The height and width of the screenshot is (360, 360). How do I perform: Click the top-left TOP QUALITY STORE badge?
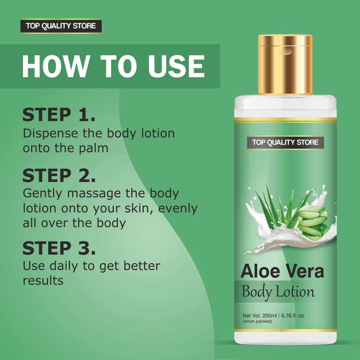(61, 26)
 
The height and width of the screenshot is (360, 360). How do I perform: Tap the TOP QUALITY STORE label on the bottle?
(286, 143)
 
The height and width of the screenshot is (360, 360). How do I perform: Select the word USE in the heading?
(176, 66)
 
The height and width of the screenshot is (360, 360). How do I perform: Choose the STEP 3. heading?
(59, 248)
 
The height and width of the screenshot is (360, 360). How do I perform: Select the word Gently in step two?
(42, 194)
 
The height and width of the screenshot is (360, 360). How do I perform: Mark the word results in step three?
(43, 281)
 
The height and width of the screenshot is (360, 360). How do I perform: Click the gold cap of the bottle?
(285, 64)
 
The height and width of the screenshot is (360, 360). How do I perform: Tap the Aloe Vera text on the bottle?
(282, 271)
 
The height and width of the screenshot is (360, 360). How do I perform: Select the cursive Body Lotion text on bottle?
(278, 292)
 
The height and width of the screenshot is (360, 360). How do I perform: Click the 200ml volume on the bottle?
(269, 316)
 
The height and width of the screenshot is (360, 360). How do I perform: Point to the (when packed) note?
(257, 321)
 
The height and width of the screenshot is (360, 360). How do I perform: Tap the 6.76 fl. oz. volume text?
(293, 316)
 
